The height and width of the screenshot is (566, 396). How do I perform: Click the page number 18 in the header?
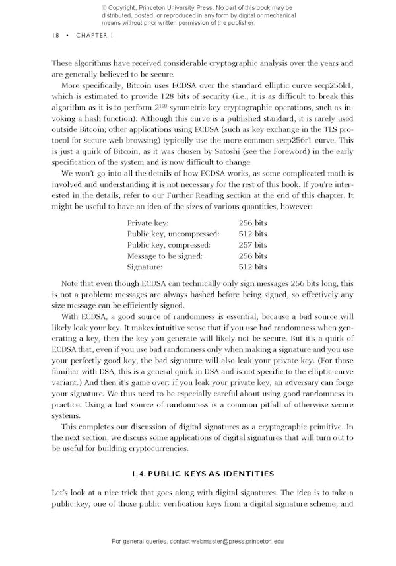55,35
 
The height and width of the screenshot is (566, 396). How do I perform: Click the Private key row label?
148,223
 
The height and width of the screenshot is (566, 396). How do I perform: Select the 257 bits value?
253,245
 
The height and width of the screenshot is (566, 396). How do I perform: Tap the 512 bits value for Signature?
253,267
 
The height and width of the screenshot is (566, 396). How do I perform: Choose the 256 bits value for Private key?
253,223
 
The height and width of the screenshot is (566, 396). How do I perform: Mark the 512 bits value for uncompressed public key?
253,234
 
